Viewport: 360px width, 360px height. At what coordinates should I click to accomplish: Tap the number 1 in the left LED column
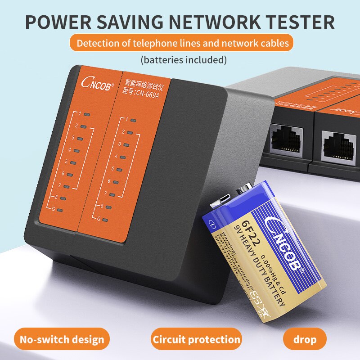(x=79, y=113)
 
